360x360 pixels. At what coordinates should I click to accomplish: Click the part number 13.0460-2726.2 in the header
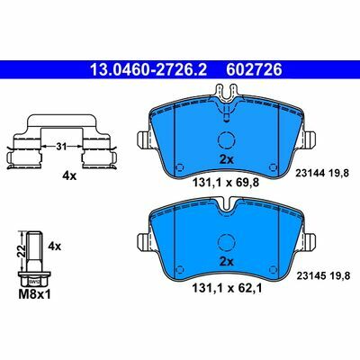(148, 70)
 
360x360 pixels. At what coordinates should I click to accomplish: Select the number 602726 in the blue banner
(255, 70)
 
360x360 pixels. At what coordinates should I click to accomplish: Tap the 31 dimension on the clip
(61, 147)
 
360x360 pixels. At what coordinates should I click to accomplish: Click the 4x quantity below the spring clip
(69, 176)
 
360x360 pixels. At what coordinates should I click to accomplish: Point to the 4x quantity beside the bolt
(55, 247)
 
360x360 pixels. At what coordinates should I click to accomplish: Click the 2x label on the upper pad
(226, 160)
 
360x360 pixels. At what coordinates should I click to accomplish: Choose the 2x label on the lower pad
(226, 262)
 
